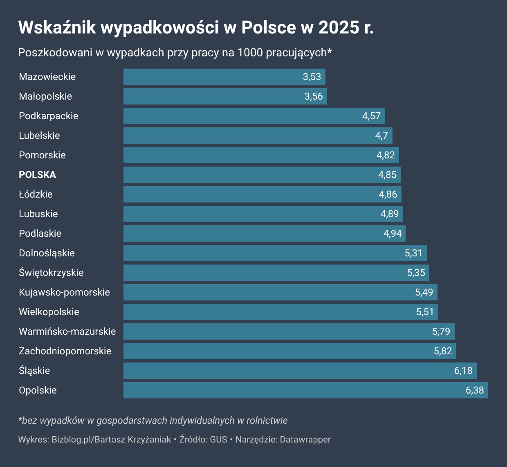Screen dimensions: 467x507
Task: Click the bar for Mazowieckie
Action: pyautogui.click(x=224, y=77)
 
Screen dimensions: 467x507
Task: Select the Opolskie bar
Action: pyautogui.click(x=305, y=390)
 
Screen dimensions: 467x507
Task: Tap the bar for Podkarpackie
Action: pyautogui.click(x=254, y=116)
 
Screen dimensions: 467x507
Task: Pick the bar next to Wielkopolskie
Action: pyautogui.click(x=280, y=312)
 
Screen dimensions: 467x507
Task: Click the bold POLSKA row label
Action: pyautogui.click(x=37, y=175)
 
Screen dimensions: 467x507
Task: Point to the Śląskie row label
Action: pyautogui.click(x=34, y=371)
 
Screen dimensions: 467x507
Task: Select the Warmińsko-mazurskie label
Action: pyautogui.click(x=67, y=331)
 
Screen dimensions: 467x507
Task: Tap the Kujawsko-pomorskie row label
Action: pyautogui.click(x=64, y=292)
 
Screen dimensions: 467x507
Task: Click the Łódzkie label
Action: pyautogui.click(x=36, y=194)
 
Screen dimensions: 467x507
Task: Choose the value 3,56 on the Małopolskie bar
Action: pyautogui.click(x=314, y=96)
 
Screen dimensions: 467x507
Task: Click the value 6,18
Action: pyautogui.click(x=463, y=371)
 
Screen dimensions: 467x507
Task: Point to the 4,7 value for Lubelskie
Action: pyautogui.click(x=381, y=136)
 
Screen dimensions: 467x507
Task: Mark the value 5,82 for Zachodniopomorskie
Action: pyautogui.click(x=443, y=351)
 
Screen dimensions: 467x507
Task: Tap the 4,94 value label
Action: pyautogui.click(x=393, y=233)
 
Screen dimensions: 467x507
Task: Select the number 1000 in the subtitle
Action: pyautogui.click(x=250, y=53)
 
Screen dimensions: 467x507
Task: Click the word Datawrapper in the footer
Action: pyautogui.click(x=305, y=440)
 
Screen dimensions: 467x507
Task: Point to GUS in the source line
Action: pyautogui.click(x=218, y=440)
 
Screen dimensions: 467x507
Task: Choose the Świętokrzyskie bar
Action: pyautogui.click(x=276, y=273)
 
